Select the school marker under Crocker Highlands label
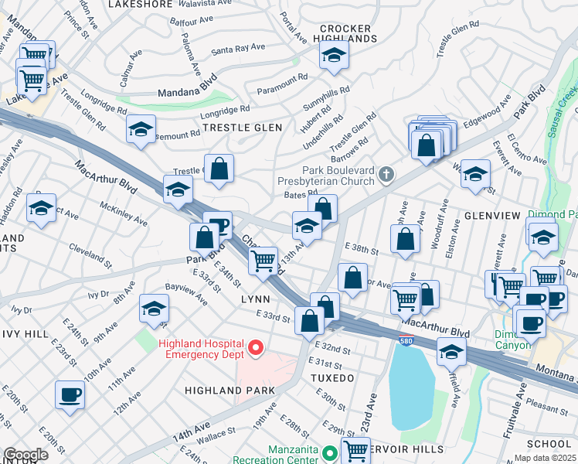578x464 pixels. pyautogui.click(x=334, y=56)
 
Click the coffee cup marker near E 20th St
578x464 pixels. pyautogui.click(x=70, y=394)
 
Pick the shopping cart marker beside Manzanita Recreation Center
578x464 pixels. pyautogui.click(x=355, y=449)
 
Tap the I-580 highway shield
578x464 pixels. pyautogui.click(x=405, y=340)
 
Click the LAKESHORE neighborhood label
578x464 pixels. pyautogui.click(x=140, y=5)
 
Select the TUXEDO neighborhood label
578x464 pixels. pyautogui.click(x=332, y=378)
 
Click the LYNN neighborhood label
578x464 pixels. pyautogui.click(x=254, y=299)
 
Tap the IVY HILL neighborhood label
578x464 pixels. pyautogui.click(x=23, y=333)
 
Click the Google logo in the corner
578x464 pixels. pyautogui.click(x=25, y=455)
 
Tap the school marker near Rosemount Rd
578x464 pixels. pyautogui.click(x=141, y=129)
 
